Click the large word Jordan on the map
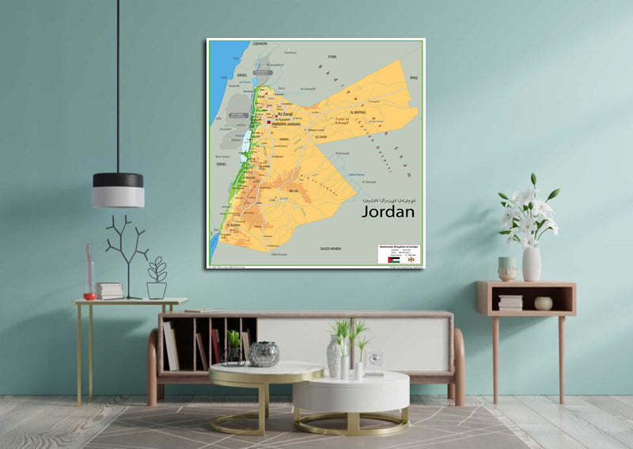[x=388, y=212]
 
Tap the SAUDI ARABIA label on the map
[x=330, y=248]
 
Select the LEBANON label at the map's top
[x=260, y=44]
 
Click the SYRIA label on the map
[x=332, y=57]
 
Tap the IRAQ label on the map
[x=413, y=78]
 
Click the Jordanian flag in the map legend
[x=393, y=259]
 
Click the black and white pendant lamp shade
[x=118, y=190]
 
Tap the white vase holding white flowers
[x=532, y=264]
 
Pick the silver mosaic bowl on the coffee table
[x=263, y=354]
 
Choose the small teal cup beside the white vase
[x=507, y=268]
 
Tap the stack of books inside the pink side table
[x=510, y=302]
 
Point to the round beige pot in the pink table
[x=543, y=303]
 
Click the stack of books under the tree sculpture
[x=110, y=291]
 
